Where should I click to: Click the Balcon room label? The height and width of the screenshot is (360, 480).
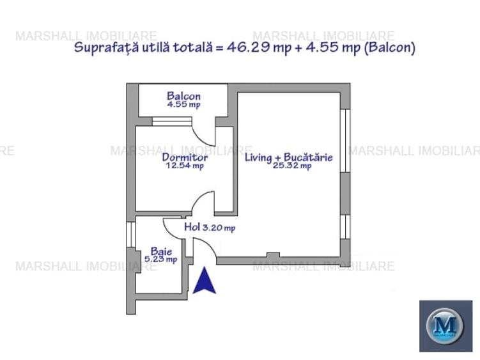183,97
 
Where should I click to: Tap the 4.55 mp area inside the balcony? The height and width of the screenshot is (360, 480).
183,105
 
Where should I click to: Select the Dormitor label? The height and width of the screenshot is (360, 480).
184,157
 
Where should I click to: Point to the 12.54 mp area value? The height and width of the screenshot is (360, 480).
184,166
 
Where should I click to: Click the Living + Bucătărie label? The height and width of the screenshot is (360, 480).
288,157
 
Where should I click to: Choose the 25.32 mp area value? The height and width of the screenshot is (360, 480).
292,166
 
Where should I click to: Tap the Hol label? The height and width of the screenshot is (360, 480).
192,226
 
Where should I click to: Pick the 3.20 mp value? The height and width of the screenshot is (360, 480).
219,227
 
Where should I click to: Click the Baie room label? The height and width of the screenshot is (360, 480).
161,251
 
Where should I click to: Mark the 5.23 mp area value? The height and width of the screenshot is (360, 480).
162,260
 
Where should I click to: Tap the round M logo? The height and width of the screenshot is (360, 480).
445,325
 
